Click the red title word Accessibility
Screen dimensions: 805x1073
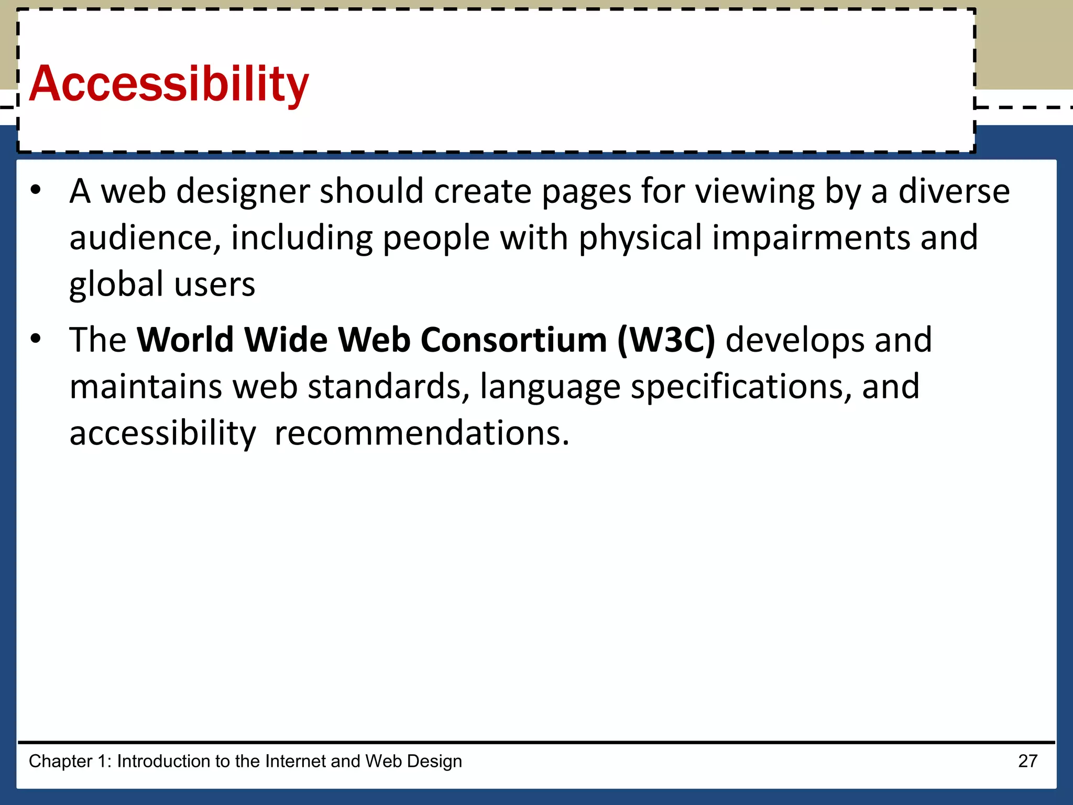click(x=169, y=84)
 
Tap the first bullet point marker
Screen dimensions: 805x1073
click(x=35, y=190)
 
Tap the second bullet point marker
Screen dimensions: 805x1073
click(x=35, y=339)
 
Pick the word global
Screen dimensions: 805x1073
click(x=116, y=285)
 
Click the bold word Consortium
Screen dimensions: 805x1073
click(x=513, y=340)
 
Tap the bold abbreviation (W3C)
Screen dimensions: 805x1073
click(x=666, y=340)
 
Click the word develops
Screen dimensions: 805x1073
click(x=794, y=341)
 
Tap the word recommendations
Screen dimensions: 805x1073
click(x=422, y=433)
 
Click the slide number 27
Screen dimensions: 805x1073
click(x=1027, y=761)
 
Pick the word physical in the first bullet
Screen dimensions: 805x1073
click(x=640, y=238)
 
